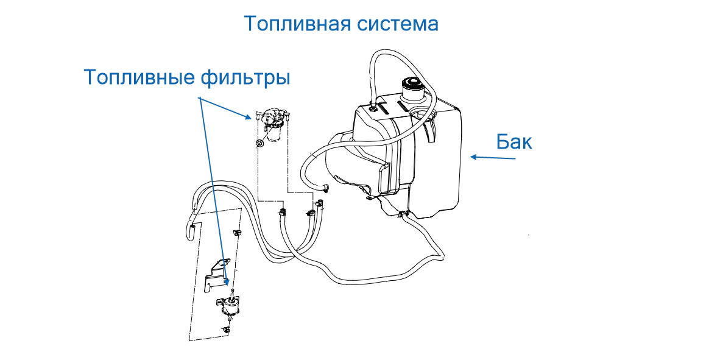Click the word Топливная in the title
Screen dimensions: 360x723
pos(297,24)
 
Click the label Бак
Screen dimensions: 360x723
pos(514,142)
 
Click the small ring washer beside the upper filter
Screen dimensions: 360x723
pos(260,144)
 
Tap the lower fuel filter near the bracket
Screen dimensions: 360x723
pos(230,303)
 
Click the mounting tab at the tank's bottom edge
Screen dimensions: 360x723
pos(367,196)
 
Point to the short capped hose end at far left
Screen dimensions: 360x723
pos(191,230)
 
